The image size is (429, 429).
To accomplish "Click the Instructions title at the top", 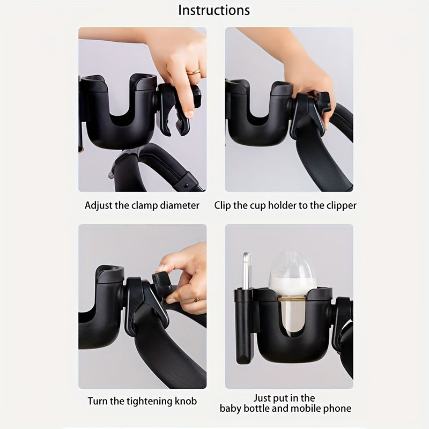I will (x=214, y=10).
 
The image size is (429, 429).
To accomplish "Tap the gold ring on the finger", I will (x=193, y=71).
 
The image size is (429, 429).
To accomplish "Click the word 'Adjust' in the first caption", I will (x=98, y=205).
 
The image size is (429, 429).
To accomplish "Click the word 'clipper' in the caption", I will (x=339, y=205).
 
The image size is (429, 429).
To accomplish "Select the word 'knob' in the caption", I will (x=185, y=401).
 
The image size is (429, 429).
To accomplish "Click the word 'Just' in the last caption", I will (x=262, y=397).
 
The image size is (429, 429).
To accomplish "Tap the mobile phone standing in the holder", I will (x=247, y=273).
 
